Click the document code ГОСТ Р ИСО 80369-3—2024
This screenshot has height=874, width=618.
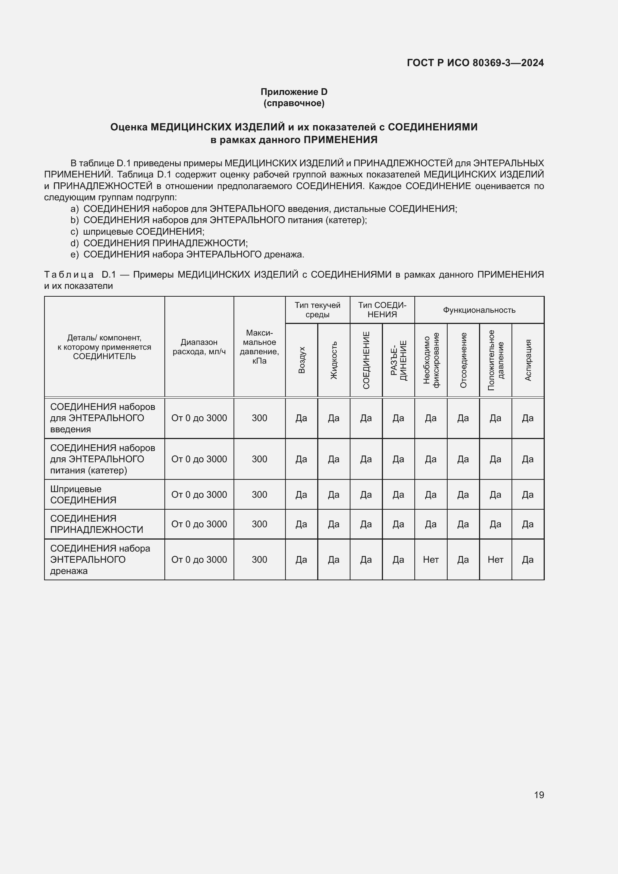[475, 63]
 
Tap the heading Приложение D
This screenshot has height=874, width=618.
[294, 92]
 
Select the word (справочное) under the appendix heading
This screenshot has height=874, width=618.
[294, 103]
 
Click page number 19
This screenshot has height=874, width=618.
[539, 795]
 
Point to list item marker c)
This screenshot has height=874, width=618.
[74, 231]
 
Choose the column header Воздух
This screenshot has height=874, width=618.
[302, 360]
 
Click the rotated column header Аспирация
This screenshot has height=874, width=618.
[528, 360]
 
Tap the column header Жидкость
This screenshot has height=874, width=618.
[334, 360]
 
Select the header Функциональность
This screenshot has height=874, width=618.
[479, 310]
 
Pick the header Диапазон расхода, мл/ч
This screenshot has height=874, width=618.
[199, 347]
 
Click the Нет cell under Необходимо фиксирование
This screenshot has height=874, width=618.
[431, 560]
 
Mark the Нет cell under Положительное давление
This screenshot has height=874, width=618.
[495, 560]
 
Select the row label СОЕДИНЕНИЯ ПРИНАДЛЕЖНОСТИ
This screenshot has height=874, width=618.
[97, 524]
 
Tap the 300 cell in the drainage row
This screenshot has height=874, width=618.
[259, 560]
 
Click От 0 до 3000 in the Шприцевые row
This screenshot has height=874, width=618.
[199, 494]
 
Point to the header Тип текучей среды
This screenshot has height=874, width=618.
[317, 310]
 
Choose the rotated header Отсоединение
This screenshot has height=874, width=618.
[463, 360]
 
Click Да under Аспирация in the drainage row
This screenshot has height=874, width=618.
[528, 560]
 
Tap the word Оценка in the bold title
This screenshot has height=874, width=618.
[129, 127]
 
